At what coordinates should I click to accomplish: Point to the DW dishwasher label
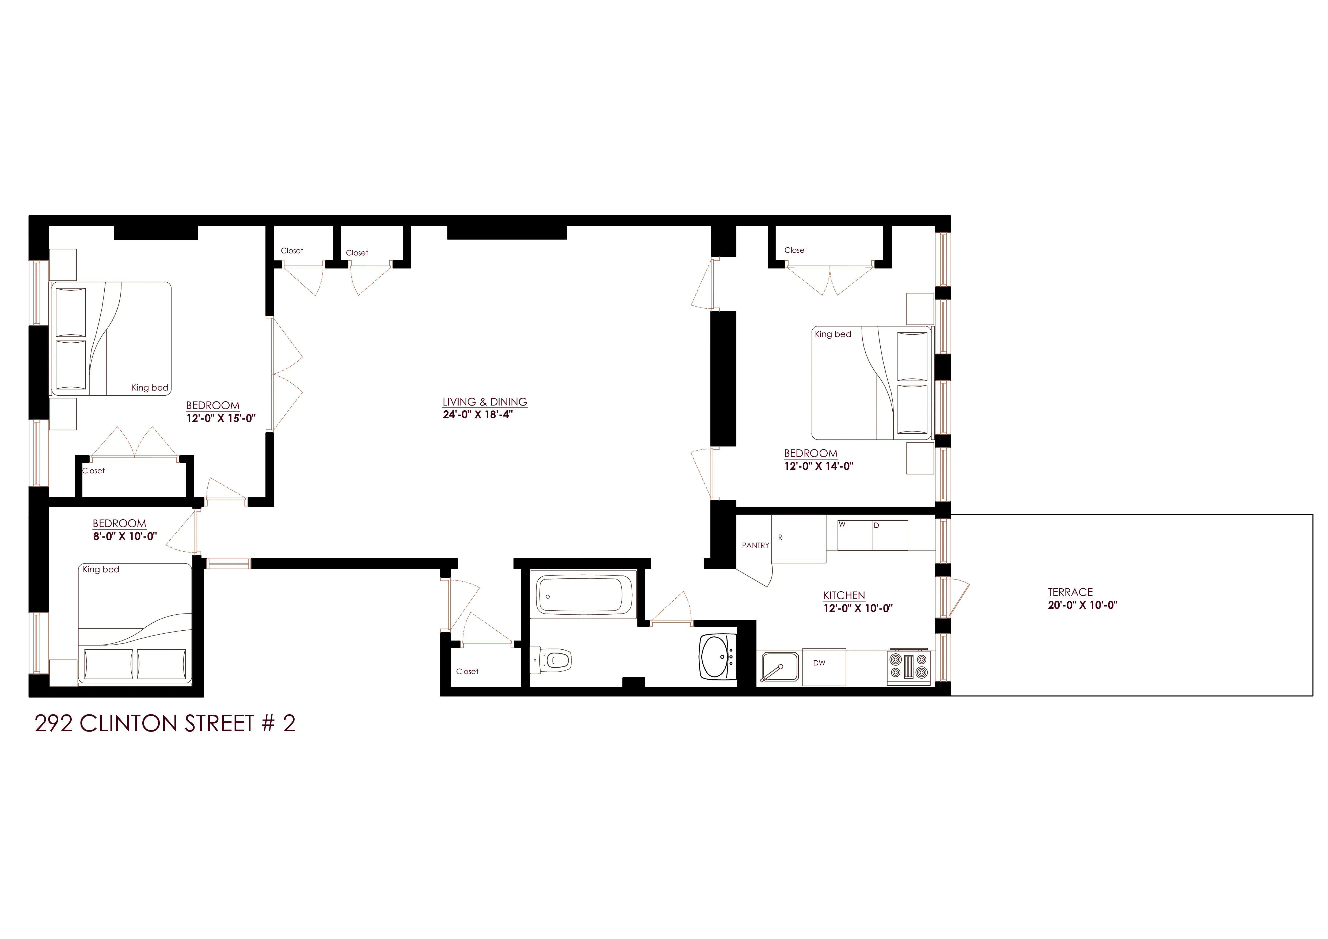(819, 663)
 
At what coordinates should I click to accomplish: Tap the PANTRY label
(755, 545)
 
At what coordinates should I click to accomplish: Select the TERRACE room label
(1070, 592)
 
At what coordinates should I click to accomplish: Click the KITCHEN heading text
(844, 595)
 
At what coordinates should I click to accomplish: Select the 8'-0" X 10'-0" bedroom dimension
(124, 536)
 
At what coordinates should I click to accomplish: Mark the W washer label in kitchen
(842, 524)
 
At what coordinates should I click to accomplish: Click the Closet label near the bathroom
(467, 671)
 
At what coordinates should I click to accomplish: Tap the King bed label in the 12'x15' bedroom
(150, 388)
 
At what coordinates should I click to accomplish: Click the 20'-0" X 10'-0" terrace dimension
(1082, 605)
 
